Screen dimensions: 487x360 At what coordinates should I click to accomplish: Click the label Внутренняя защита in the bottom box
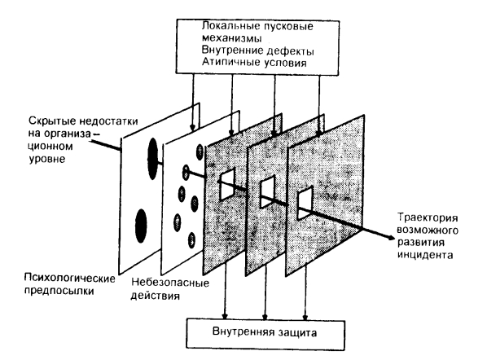click(x=265, y=332)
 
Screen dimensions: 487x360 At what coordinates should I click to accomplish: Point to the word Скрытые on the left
click(x=52, y=121)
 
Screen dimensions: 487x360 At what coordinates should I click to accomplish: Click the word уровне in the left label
click(x=47, y=159)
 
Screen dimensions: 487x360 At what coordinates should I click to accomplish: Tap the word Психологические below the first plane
click(x=69, y=278)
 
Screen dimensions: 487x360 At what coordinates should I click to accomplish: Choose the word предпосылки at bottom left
click(x=59, y=291)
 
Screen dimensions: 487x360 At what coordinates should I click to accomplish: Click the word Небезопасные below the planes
click(x=170, y=283)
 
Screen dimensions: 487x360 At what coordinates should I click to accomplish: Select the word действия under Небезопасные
click(x=155, y=295)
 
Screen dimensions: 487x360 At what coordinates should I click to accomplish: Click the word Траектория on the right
click(x=428, y=217)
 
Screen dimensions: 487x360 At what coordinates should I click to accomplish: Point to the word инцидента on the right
click(x=425, y=255)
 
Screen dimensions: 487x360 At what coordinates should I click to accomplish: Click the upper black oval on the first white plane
click(x=152, y=158)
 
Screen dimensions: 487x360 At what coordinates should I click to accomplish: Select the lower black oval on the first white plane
click(x=141, y=226)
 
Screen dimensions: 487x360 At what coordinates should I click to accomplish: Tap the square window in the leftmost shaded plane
click(x=227, y=185)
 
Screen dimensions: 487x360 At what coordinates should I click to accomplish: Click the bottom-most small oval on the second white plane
click(x=191, y=240)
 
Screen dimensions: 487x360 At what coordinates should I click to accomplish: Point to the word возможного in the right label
click(x=428, y=230)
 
